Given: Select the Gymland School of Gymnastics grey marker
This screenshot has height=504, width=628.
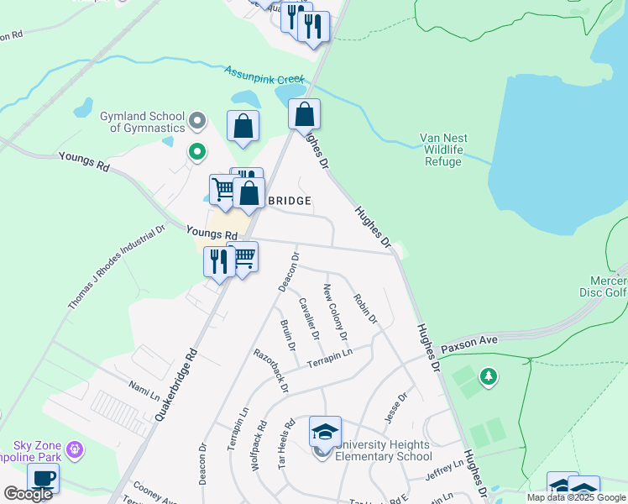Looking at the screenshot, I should point(198,121).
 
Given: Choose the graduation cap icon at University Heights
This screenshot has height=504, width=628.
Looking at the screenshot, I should point(325,433).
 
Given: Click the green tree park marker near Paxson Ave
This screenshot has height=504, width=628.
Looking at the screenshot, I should point(488,377).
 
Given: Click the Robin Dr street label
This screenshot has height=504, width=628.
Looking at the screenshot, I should point(365,308).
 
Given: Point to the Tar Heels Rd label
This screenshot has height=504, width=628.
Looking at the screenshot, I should point(285,467).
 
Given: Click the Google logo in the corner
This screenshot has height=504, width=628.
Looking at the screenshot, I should point(28,494).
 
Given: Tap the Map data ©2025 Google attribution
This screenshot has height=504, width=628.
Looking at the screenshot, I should point(576,497).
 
